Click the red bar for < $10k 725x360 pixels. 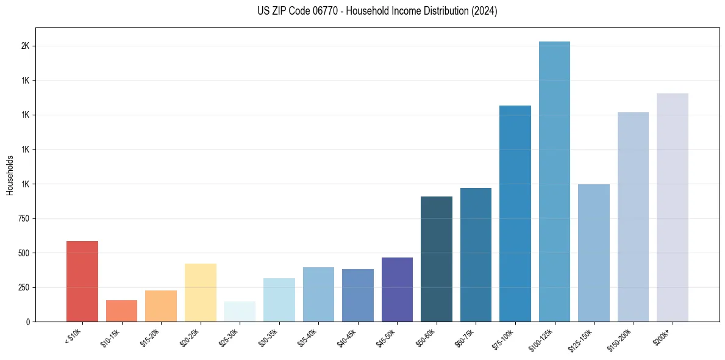tap(82, 281)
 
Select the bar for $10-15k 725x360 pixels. tap(121, 311)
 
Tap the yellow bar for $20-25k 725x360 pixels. tap(201, 292)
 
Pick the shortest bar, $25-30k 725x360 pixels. tap(240, 311)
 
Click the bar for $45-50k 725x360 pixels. tap(397, 289)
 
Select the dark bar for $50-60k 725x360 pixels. tap(437, 259)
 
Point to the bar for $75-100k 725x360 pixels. tap(515, 214)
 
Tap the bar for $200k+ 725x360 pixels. tap(673, 207)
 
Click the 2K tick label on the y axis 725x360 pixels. tap(26, 46)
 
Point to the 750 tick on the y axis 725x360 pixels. tap(23, 218)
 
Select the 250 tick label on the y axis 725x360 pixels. tap(23, 287)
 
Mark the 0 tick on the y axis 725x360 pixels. tap(28, 322)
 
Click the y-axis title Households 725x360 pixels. tap(10, 175)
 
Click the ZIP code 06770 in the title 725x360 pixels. tap(318, 11)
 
